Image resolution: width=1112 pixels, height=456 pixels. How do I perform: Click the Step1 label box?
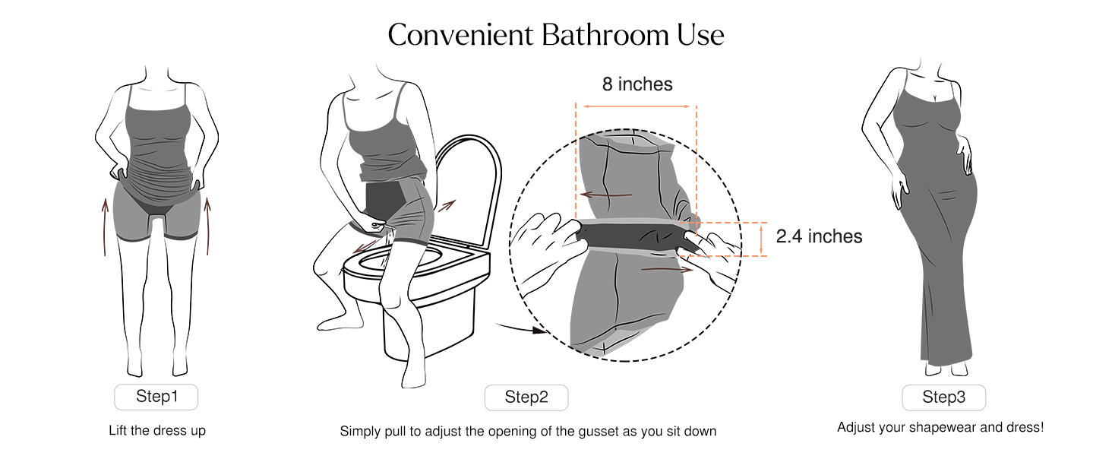156,397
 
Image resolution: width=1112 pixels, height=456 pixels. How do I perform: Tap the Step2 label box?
526,397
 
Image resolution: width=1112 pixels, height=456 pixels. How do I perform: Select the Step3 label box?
943,397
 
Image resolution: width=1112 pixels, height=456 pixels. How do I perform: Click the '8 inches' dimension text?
637,84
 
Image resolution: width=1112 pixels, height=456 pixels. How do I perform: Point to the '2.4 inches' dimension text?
819,236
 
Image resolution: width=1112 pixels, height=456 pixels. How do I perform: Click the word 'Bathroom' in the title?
605,35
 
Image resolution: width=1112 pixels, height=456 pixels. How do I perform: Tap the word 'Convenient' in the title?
461,35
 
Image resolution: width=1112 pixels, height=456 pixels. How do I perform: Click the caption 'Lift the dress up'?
157,430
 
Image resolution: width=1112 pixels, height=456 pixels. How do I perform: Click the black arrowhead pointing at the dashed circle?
539,330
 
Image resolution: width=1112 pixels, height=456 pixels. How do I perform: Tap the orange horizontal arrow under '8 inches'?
637,106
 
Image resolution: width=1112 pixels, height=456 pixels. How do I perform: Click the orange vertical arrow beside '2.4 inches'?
761,239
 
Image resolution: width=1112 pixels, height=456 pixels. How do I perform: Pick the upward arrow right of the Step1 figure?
207,226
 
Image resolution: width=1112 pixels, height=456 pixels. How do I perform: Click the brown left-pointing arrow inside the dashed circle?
605,195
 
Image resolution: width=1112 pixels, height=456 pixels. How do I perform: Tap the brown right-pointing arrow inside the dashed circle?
667,270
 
